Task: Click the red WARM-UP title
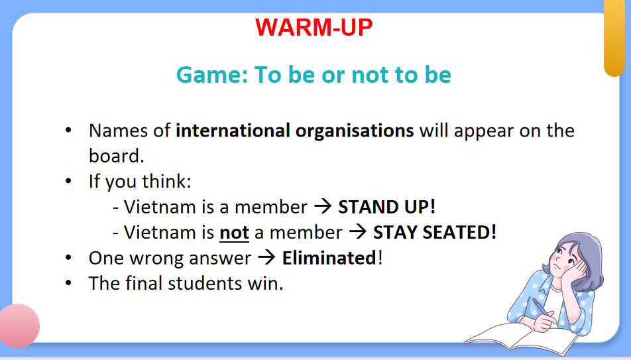pyautogui.click(x=314, y=27)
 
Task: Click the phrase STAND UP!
pyautogui.click(x=386, y=207)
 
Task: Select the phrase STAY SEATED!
pyautogui.click(x=435, y=232)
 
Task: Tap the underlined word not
pyautogui.click(x=234, y=233)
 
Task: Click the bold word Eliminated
pyautogui.click(x=329, y=258)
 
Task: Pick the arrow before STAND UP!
pyautogui.click(x=323, y=207)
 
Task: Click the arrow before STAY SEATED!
pyautogui.click(x=358, y=232)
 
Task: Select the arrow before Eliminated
pyautogui.click(x=266, y=258)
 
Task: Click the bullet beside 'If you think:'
pyautogui.click(x=68, y=181)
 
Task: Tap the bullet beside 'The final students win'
pyautogui.click(x=68, y=283)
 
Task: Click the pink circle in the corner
pyautogui.click(x=19, y=326)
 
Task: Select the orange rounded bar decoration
pyautogui.click(x=614, y=37)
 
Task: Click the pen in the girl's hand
pyautogui.click(x=542, y=308)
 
